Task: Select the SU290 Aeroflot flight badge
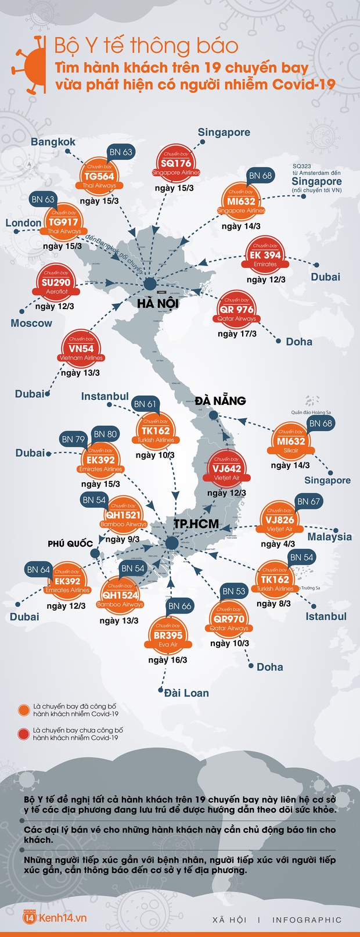coord(56,283)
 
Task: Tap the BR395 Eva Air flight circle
coord(168,636)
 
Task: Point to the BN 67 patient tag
coord(308,501)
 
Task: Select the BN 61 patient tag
coord(145,404)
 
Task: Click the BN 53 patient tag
coord(234,591)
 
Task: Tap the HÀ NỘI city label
coord(158,303)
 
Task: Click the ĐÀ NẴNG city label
coord(220,401)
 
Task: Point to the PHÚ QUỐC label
coord(70,544)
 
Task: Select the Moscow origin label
coord(31,323)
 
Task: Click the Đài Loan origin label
coord(186,693)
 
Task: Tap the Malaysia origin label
coord(329,537)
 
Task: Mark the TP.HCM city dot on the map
coord(171,543)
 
